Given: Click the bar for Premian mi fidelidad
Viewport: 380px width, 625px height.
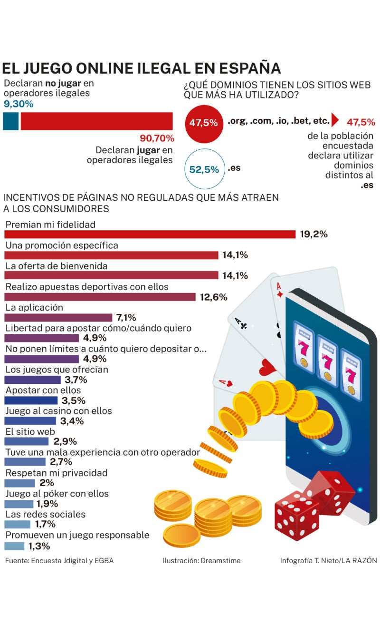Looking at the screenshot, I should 150,234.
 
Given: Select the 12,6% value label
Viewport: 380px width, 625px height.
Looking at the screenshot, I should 213,297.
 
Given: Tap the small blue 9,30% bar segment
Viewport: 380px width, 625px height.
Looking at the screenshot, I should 10,121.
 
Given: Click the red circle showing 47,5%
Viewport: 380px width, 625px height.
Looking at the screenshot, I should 203,123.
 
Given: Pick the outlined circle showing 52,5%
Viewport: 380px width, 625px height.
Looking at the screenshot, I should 204,169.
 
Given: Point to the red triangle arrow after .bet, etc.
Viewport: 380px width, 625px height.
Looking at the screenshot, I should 334,119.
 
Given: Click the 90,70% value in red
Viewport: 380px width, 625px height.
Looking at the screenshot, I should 157,138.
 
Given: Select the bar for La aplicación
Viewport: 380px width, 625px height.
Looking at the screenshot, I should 58,318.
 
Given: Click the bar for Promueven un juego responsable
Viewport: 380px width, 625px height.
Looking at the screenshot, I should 14,546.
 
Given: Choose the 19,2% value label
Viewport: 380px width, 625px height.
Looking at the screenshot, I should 313,234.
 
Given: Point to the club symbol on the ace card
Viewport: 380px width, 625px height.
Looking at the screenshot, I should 243,326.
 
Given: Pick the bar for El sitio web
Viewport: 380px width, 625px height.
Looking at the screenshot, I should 27,441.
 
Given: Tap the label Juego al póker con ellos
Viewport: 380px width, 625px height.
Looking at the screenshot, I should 57,494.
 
